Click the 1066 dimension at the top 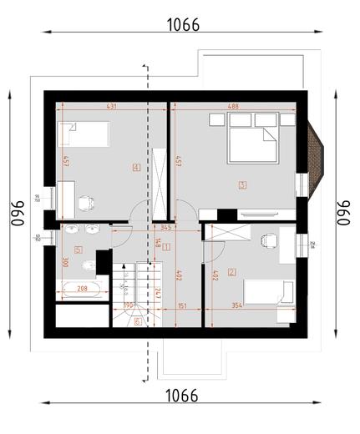(x=183, y=24)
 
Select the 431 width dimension (x=110, y=106)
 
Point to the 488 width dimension (x=233, y=106)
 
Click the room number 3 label (x=242, y=185)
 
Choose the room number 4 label (x=135, y=166)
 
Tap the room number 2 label (x=231, y=270)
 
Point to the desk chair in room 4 (x=84, y=201)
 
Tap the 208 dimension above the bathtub (x=82, y=288)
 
